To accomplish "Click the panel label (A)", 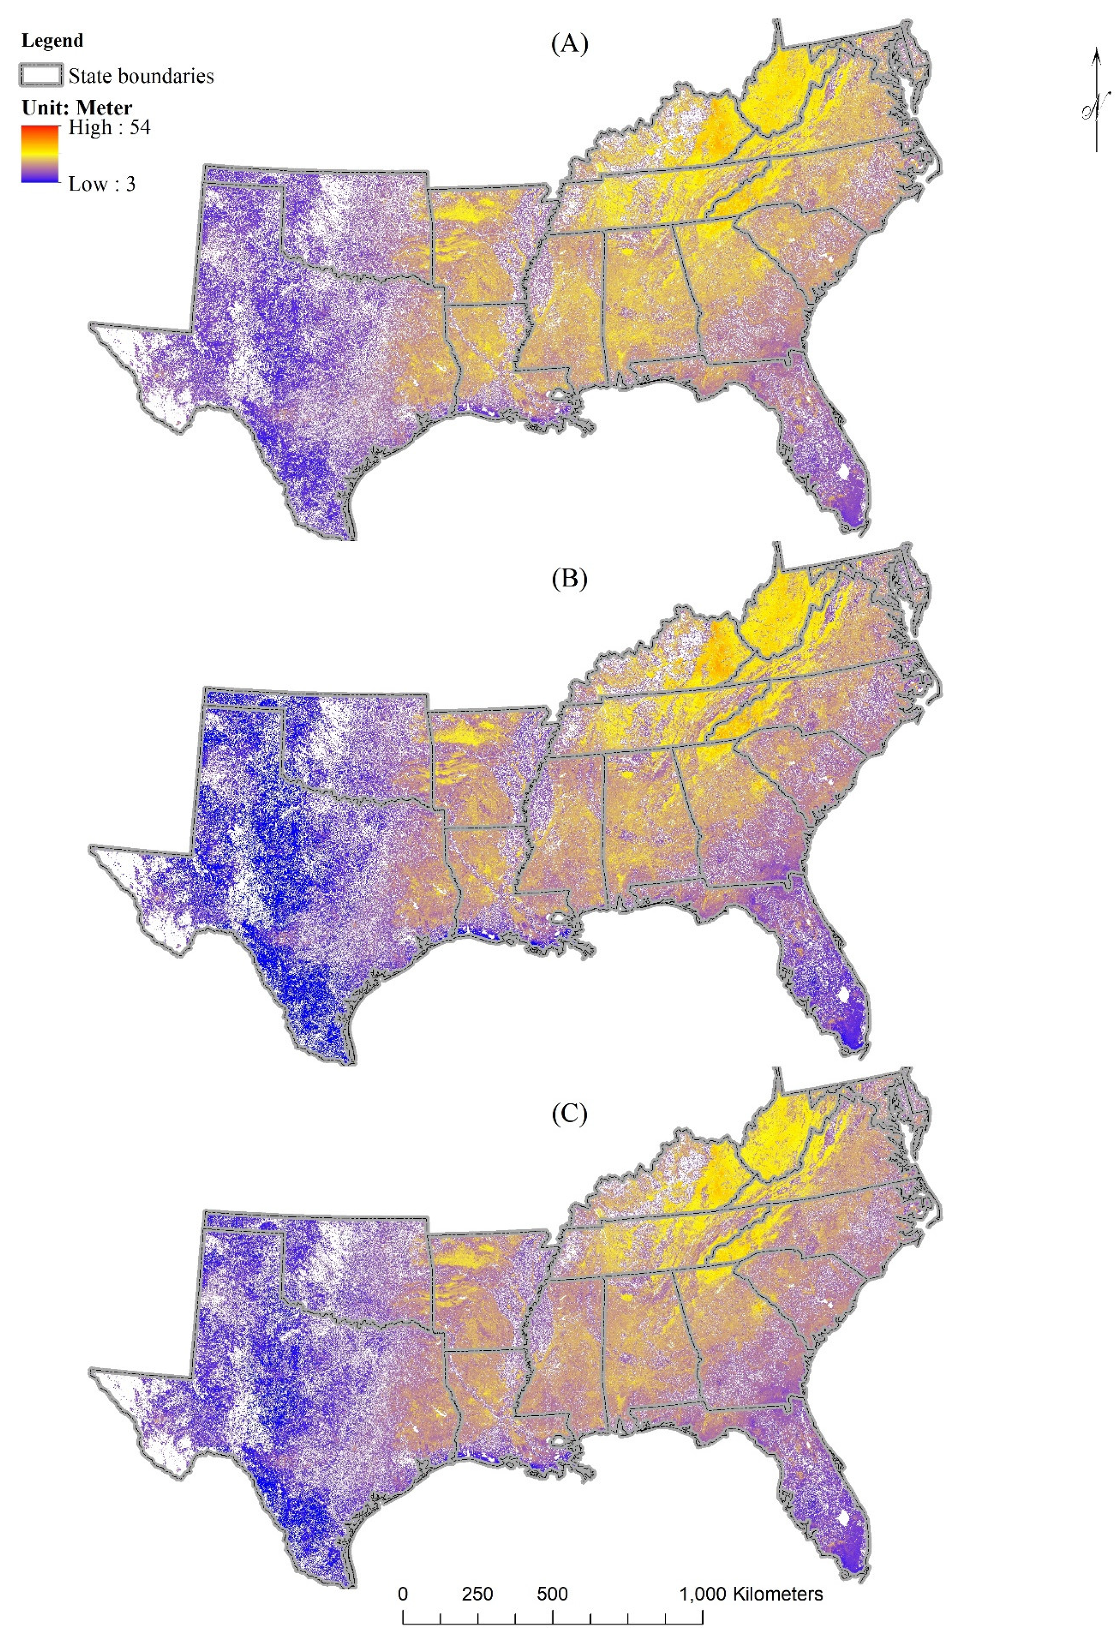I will (x=569, y=44).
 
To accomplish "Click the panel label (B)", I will (x=569, y=579).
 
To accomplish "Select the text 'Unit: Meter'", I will (x=77, y=108).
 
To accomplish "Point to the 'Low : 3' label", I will (x=101, y=184).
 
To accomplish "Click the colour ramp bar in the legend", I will (x=40, y=155).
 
